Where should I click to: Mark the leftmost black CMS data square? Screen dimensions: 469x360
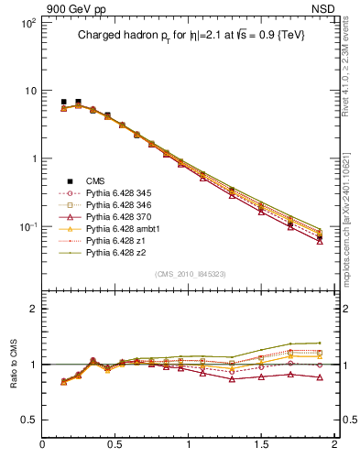[63, 103]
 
